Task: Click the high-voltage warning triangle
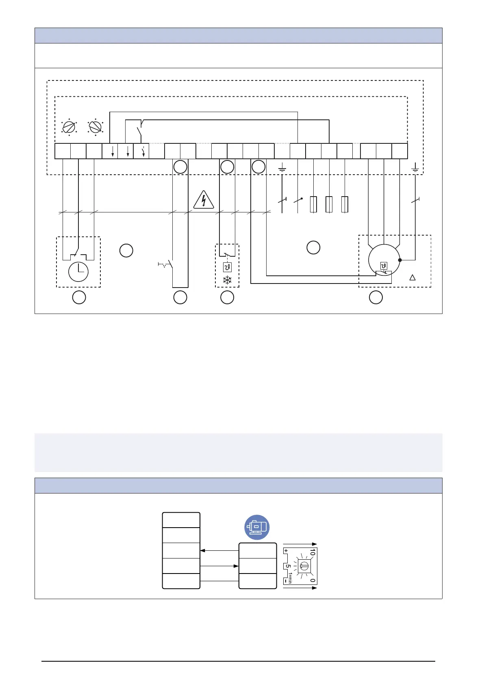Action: pyautogui.click(x=204, y=200)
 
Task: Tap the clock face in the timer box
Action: pyautogui.click(x=78, y=272)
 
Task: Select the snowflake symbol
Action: pyautogui.click(x=227, y=280)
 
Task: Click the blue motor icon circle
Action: pyautogui.click(x=257, y=527)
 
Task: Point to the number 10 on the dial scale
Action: pyautogui.click(x=312, y=552)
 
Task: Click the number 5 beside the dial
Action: pyautogui.click(x=288, y=566)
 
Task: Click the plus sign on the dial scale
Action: pyautogui.click(x=286, y=551)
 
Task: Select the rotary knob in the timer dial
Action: pyautogui.click(x=304, y=566)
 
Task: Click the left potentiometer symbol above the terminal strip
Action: pyautogui.click(x=69, y=127)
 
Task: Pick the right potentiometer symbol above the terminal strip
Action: pyautogui.click(x=95, y=127)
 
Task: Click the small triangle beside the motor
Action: pyautogui.click(x=412, y=277)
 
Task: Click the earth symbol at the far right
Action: pyautogui.click(x=415, y=167)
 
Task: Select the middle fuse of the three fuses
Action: pyautogui.click(x=329, y=204)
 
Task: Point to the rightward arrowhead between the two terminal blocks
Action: pyautogui.click(x=236, y=566)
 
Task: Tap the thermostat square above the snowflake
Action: pyautogui.click(x=227, y=268)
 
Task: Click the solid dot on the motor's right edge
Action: pyautogui.click(x=400, y=260)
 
